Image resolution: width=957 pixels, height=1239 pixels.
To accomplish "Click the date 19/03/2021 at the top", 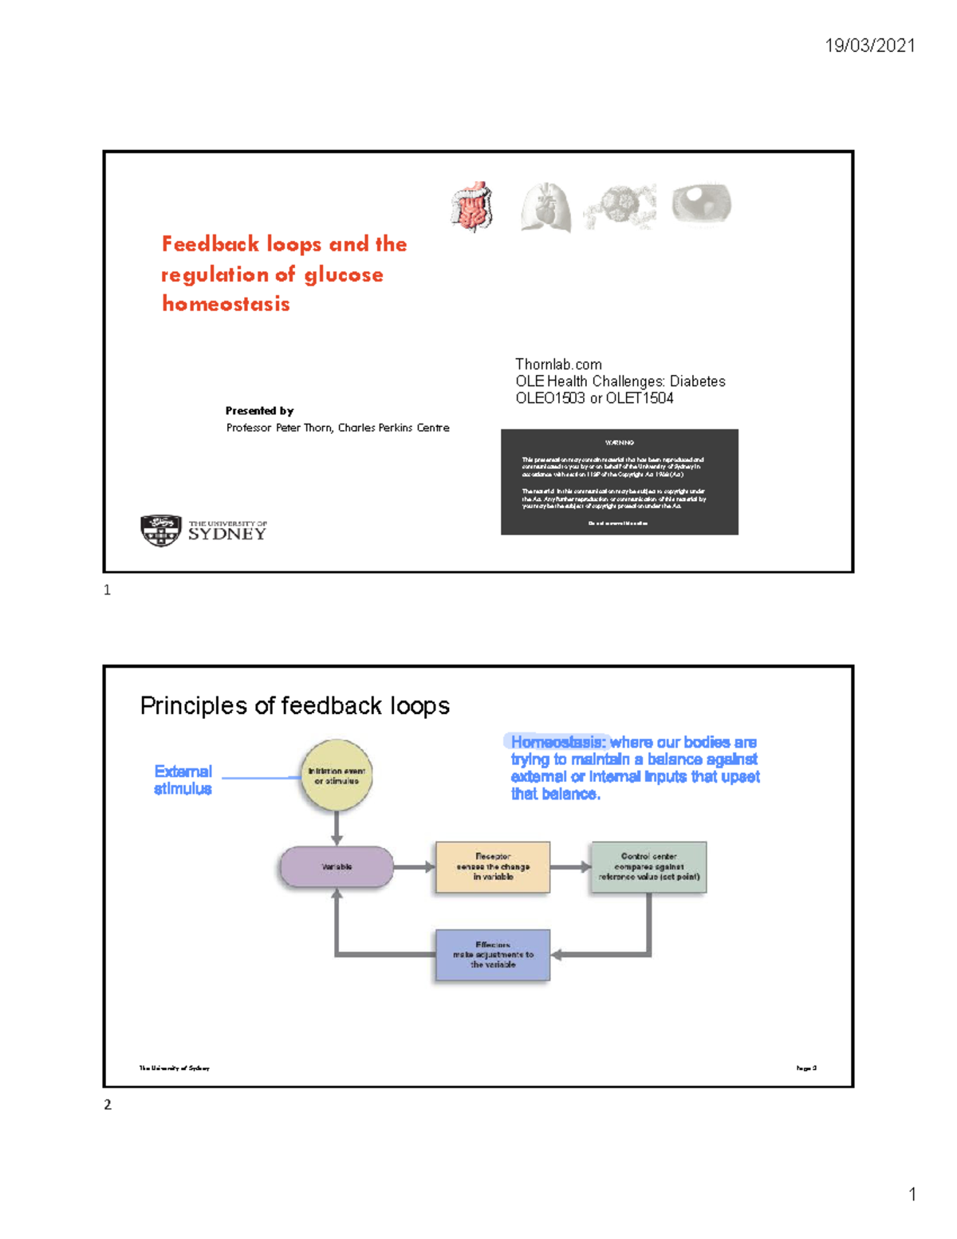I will tap(869, 45).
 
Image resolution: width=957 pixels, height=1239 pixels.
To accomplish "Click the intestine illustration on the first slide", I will tap(472, 207).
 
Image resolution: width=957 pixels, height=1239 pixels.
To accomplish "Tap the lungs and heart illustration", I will tap(545, 207).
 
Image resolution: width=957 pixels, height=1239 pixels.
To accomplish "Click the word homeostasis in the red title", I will tap(226, 304).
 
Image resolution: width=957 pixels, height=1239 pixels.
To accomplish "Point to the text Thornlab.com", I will tap(558, 365).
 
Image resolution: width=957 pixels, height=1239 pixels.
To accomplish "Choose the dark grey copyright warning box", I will tap(619, 482).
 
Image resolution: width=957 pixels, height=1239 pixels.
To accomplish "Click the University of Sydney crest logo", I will tap(161, 531).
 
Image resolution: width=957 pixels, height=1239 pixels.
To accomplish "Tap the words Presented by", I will tap(259, 411).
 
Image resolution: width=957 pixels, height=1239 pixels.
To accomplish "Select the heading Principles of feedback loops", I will tap(294, 706).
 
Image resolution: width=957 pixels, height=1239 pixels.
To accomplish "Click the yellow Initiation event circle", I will tap(337, 775).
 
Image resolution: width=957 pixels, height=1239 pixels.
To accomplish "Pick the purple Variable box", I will tap(337, 867).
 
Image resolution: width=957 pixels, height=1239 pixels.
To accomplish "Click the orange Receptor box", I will tap(492, 867).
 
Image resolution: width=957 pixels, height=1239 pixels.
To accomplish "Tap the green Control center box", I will tap(648, 867).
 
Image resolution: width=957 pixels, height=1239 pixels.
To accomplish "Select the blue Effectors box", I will tap(492, 955).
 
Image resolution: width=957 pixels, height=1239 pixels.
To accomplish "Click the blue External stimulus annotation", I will tap(183, 780).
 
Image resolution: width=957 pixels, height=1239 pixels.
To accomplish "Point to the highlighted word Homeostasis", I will tap(557, 743).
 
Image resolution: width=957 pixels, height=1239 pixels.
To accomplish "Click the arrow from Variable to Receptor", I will tap(415, 867).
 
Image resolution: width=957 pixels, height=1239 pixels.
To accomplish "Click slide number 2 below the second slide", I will tap(108, 1105).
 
